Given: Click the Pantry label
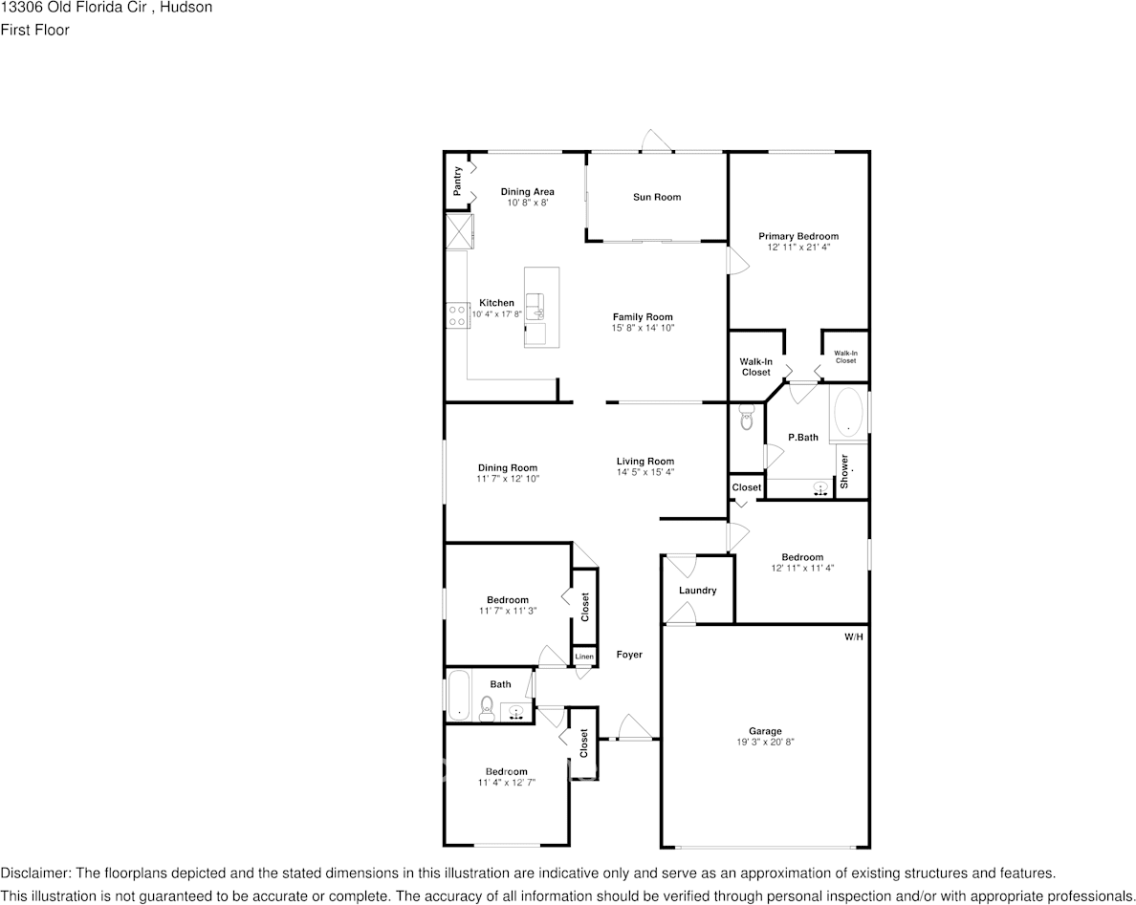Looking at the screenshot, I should pos(458,182).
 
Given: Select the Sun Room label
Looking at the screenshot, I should pos(657,197).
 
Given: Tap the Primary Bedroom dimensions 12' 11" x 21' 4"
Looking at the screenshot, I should pos(798,248).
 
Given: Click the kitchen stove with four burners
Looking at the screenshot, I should pos(456,315).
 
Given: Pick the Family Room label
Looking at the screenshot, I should pos(643,317).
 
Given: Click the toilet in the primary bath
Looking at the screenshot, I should pos(747,417).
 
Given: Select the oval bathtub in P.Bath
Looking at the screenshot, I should pos(847,414).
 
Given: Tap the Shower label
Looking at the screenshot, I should pos(844,472).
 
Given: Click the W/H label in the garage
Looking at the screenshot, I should pos(853,636).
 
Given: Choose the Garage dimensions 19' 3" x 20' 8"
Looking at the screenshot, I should pos(765,742).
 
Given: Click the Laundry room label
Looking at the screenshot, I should pos(697,591).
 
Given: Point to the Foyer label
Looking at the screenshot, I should pos(629,655).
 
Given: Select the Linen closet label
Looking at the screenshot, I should pos(583,657).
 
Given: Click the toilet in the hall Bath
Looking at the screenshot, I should pos(487,708).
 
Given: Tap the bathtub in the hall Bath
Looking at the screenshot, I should pos(458,696).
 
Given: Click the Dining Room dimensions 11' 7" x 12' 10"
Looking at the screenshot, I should pos(509,479).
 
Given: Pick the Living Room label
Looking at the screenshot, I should pos(645,462).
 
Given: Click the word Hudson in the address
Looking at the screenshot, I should pos(187,8).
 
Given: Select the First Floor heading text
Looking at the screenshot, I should pos(34,30).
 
